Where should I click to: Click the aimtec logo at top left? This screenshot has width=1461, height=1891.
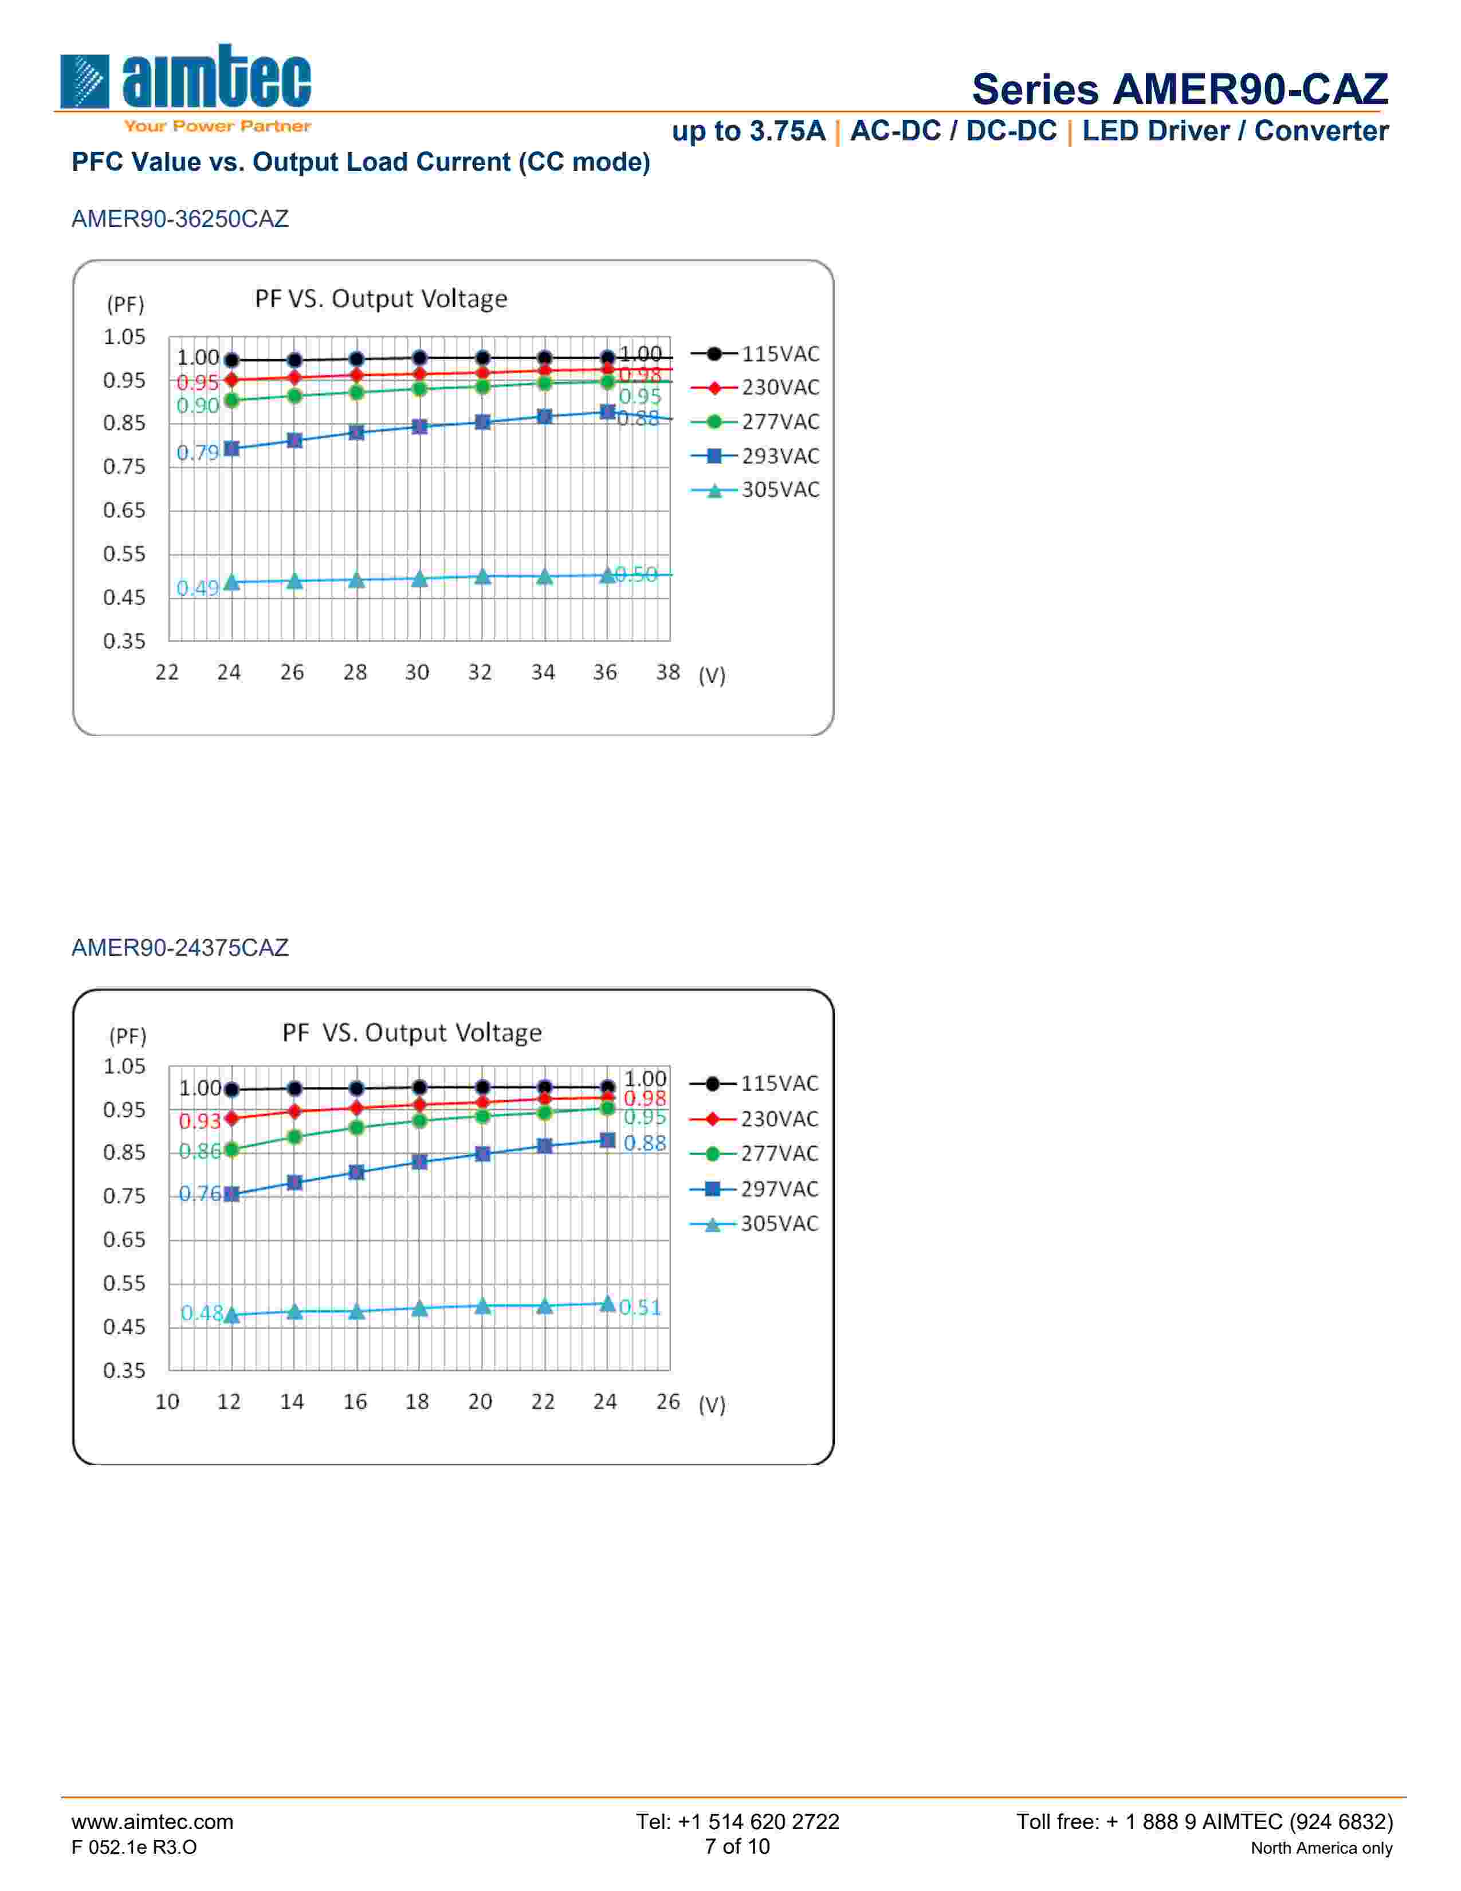pyautogui.click(x=184, y=80)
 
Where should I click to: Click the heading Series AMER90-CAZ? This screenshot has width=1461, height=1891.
pyautogui.click(x=1179, y=89)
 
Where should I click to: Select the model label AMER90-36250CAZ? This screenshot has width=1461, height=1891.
pyautogui.click(x=180, y=219)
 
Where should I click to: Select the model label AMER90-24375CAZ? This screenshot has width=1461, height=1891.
pyautogui.click(x=180, y=948)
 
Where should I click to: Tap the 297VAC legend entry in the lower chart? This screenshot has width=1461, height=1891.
pyautogui.click(x=754, y=1189)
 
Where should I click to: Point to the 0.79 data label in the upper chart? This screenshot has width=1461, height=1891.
pyautogui.click(x=197, y=453)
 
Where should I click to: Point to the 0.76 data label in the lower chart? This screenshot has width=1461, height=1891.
pyautogui.click(x=199, y=1194)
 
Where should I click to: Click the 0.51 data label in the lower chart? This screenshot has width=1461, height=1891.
pyautogui.click(x=641, y=1308)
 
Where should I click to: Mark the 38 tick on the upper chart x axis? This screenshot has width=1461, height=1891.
pyautogui.click(x=667, y=673)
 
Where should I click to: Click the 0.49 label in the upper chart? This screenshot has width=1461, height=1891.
pyautogui.click(x=197, y=589)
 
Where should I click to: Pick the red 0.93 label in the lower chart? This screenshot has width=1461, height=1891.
pyautogui.click(x=199, y=1122)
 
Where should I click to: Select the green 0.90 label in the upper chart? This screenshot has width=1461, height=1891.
pyautogui.click(x=197, y=406)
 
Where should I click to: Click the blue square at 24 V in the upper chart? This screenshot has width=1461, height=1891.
pyautogui.click(x=231, y=449)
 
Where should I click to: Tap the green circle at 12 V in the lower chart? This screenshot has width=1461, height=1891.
pyautogui.click(x=231, y=1150)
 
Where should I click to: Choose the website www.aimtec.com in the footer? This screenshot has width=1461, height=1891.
pyautogui.click(x=152, y=1822)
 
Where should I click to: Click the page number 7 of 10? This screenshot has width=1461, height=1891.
pyautogui.click(x=737, y=1847)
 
